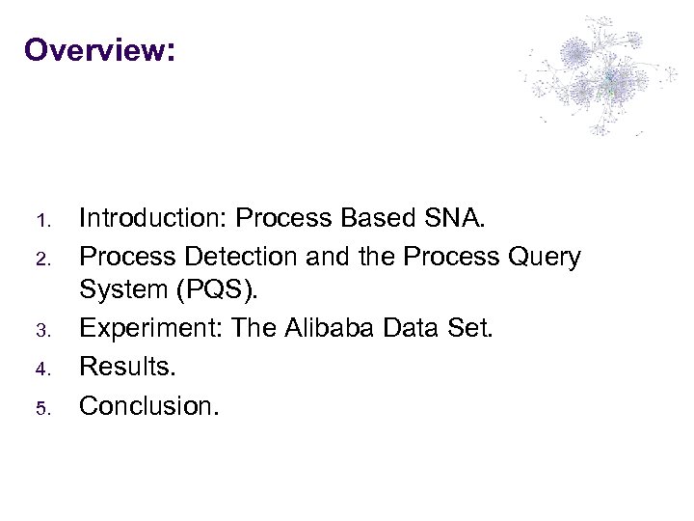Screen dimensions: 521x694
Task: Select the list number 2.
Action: (x=41, y=259)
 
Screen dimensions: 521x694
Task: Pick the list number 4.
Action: (x=41, y=369)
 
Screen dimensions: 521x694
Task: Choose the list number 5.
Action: (x=41, y=406)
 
